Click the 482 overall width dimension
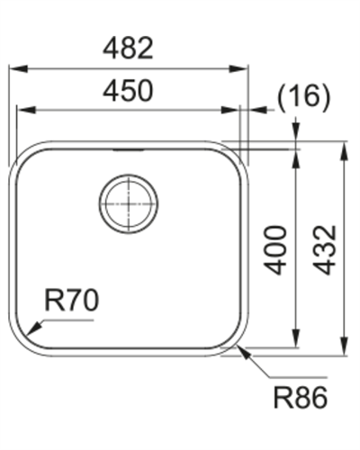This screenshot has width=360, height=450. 128,49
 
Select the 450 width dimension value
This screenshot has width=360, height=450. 128,91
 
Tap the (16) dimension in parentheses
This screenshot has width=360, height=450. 301,96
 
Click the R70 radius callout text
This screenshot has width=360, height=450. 71,301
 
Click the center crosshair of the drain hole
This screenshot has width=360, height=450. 130,202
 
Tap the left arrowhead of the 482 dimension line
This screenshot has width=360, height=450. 14,67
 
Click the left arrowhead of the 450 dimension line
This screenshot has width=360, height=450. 22,110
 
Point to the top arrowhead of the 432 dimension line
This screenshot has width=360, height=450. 343,147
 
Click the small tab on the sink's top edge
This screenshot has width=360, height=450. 126,145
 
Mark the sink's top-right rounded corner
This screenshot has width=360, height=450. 238,155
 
